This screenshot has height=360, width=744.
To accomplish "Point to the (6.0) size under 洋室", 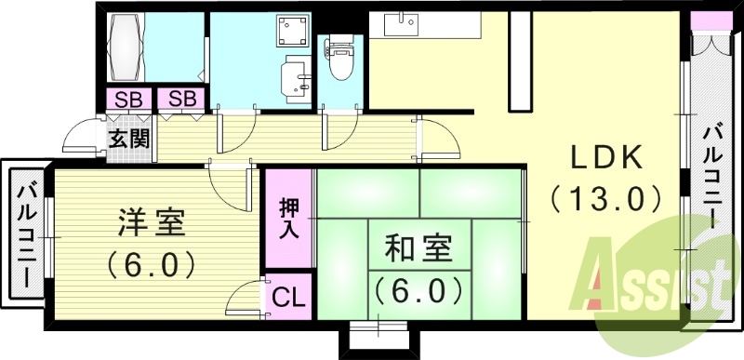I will click(151, 264).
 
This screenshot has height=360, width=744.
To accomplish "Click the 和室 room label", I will click(418, 250).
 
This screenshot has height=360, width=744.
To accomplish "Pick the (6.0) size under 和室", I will click(418, 290).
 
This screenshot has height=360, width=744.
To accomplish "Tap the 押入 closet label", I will click(289, 220).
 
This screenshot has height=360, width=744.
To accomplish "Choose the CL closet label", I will click(288, 300).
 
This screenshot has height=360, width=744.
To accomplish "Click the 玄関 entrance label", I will click(127, 140).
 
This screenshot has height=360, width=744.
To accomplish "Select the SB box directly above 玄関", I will click(127, 98).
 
